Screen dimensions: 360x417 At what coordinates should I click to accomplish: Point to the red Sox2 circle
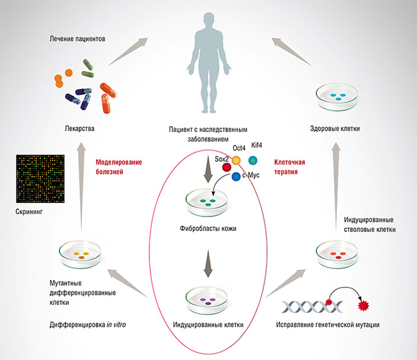click(x=226, y=167)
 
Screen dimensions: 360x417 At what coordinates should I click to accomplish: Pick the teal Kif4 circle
click(x=253, y=160)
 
